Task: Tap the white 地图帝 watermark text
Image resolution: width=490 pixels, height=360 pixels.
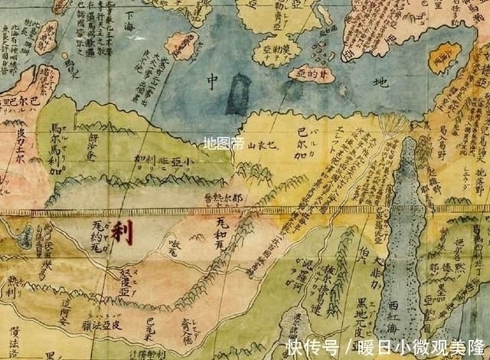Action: [224, 143]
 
